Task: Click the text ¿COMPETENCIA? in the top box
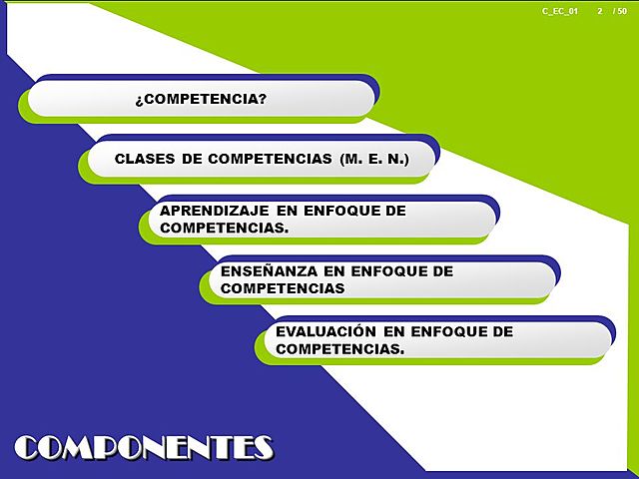[200, 99]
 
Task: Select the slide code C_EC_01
[560, 10]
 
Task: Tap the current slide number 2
[599, 10]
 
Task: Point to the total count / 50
[620, 10]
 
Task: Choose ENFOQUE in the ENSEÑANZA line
[384, 270]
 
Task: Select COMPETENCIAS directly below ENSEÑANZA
[282, 287]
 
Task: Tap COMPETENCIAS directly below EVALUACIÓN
[339, 348]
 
